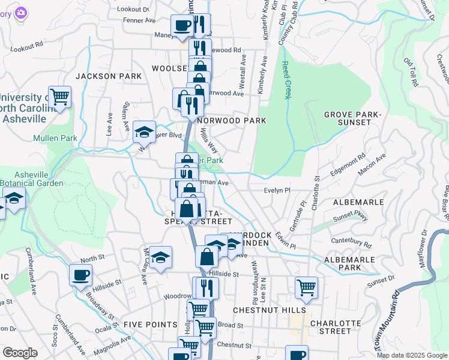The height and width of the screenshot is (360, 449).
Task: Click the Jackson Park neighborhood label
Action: pos(109,76)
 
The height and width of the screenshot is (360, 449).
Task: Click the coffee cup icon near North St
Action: pos(80,275)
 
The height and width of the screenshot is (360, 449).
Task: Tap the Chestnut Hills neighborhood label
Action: pos(269,310)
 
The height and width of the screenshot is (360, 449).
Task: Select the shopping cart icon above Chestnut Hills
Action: pos(306,287)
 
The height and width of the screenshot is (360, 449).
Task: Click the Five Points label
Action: pos(150,324)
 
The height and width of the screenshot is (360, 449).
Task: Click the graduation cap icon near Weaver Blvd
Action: pos(144,131)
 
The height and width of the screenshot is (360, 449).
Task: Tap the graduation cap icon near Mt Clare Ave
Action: pos(160,257)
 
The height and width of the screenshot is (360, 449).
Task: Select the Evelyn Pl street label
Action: pos(277,190)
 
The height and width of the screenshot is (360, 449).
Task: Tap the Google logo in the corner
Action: pos(20,353)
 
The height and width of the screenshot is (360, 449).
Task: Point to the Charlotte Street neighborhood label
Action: pos(331,326)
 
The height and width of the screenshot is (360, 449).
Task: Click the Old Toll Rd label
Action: pos(409,72)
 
